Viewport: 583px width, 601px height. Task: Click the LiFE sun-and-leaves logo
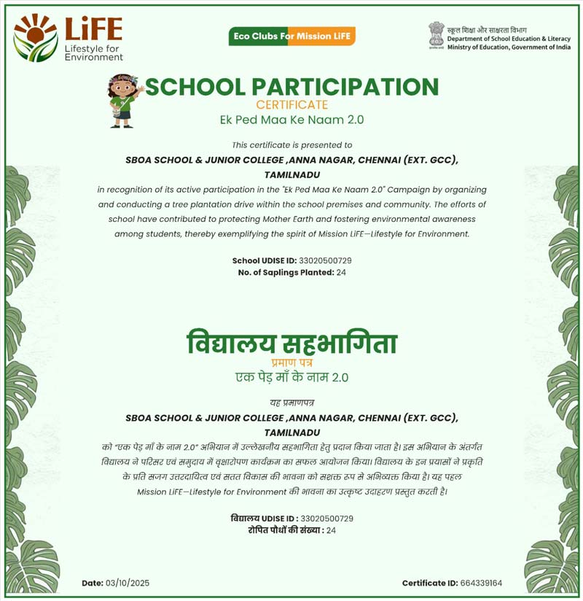point(35,37)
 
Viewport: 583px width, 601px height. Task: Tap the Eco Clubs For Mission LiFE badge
point(291,36)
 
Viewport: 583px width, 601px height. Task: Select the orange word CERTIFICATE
point(291,105)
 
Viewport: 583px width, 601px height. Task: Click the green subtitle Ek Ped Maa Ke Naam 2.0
point(291,120)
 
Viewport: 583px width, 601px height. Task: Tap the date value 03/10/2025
point(127,583)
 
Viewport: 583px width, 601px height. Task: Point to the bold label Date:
point(92,583)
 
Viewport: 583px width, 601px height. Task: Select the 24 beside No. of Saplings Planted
point(342,272)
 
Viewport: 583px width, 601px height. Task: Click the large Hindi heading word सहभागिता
point(339,342)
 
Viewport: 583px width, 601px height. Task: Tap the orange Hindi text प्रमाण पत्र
point(291,362)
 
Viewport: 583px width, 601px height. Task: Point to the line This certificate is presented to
point(291,145)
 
